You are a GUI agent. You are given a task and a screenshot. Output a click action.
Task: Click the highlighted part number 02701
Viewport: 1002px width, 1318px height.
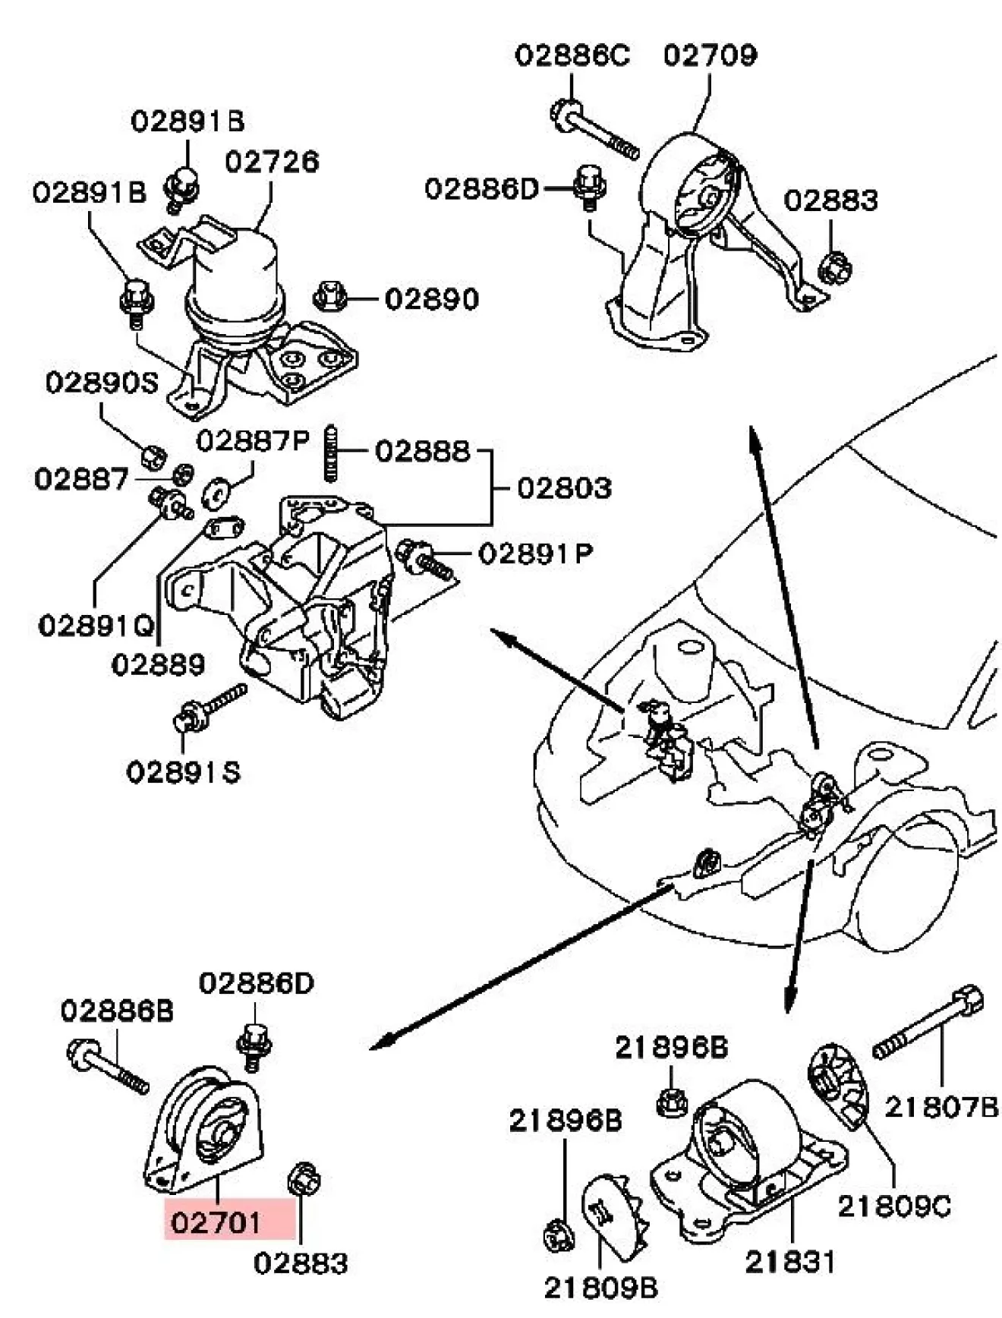(216, 1222)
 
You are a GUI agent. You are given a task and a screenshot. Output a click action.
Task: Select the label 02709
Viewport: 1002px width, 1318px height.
(710, 55)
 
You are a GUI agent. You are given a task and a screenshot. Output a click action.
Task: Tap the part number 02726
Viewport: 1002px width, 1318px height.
(273, 162)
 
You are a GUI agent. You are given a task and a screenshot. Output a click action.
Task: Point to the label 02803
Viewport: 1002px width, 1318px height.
(564, 487)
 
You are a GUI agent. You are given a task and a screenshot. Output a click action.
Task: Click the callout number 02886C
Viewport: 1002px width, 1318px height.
(572, 55)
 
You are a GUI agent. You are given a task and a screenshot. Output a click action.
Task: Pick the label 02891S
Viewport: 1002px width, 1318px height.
(183, 772)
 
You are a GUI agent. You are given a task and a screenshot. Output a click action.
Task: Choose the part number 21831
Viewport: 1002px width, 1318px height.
(790, 1262)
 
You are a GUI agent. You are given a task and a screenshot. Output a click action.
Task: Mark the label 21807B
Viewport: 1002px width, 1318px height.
(941, 1108)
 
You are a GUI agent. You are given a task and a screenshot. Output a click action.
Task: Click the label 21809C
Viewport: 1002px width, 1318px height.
(894, 1206)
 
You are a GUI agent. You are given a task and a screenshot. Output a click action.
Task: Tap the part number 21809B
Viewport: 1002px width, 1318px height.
(601, 1287)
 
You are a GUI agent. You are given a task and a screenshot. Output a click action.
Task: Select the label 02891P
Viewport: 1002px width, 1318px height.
(536, 553)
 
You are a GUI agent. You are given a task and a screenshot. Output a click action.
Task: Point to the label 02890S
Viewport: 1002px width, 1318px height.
(102, 382)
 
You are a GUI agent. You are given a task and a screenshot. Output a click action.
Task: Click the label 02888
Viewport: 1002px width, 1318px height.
(423, 452)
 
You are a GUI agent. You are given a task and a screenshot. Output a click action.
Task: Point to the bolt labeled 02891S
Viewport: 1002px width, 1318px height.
(211, 706)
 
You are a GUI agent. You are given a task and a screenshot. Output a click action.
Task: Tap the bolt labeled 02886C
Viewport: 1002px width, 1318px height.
(592, 130)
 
